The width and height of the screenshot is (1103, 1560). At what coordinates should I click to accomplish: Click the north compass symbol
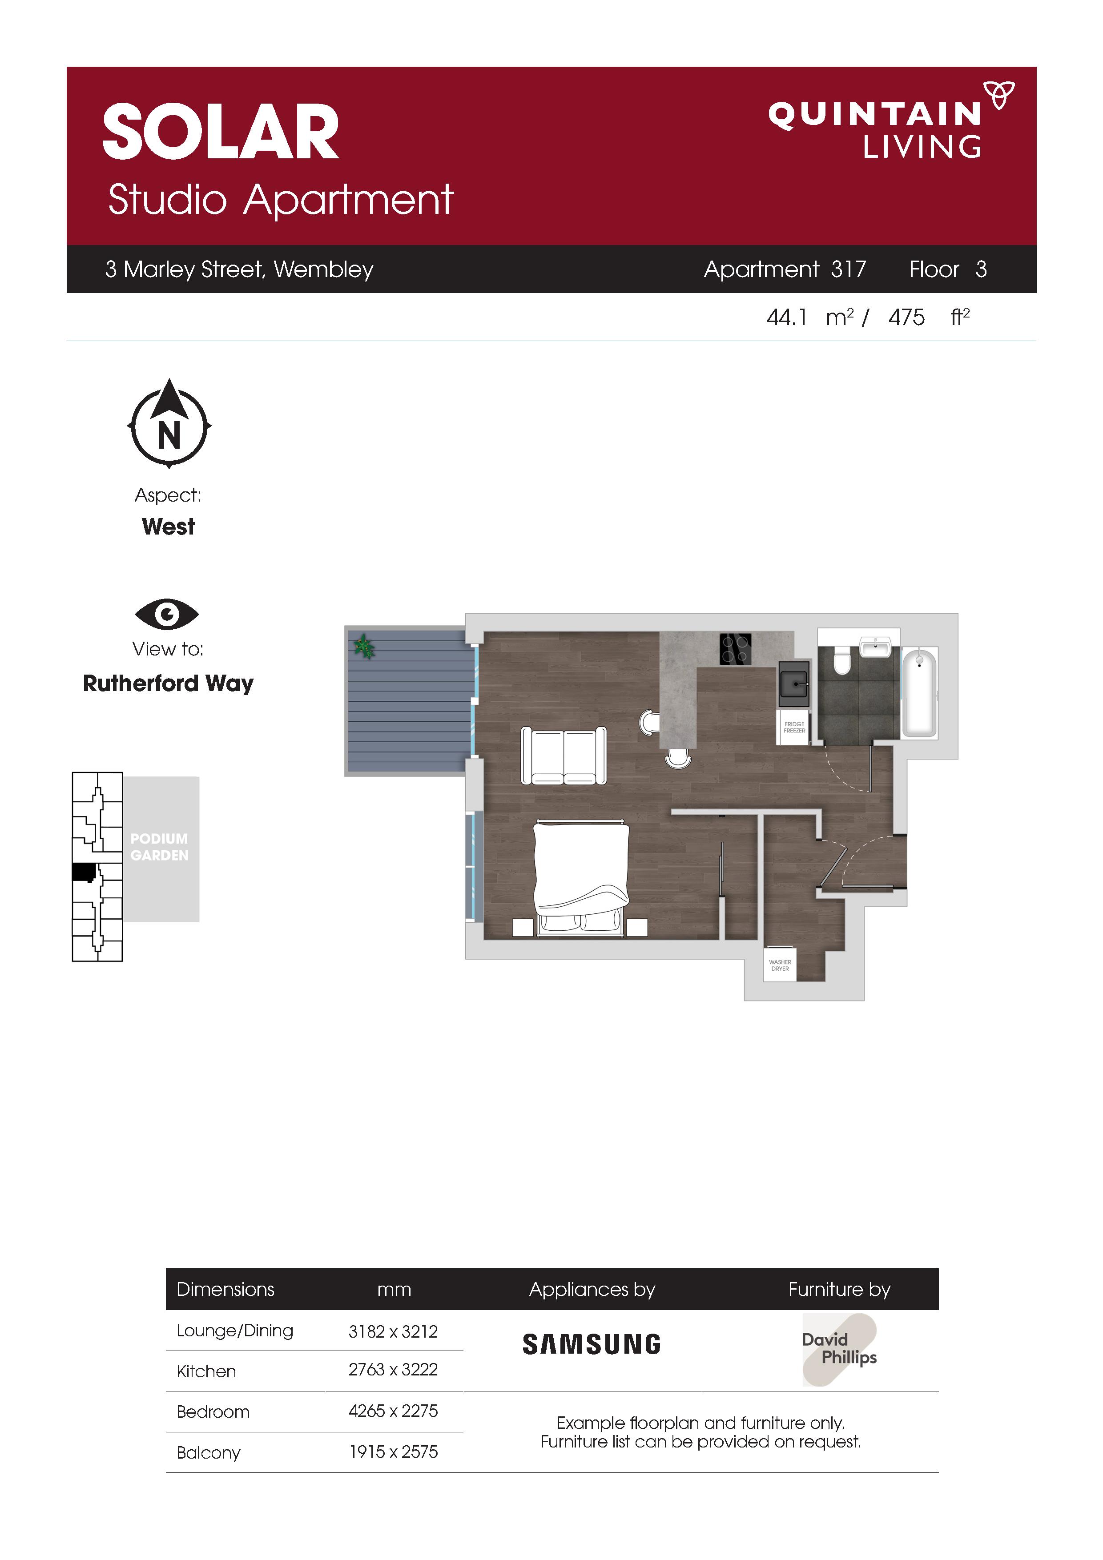click(x=169, y=423)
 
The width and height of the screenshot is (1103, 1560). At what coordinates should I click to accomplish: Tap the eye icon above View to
click(x=166, y=614)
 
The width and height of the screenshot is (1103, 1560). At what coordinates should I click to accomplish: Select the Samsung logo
click(x=591, y=1344)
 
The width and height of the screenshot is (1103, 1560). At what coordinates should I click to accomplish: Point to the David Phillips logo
click(x=839, y=1349)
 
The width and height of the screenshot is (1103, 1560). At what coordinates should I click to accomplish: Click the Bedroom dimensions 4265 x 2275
click(x=393, y=1411)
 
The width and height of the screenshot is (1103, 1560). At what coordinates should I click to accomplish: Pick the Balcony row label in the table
click(x=208, y=1453)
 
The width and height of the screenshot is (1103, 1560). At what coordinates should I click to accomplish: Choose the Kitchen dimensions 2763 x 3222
click(x=393, y=1369)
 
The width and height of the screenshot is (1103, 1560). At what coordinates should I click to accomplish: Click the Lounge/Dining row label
click(x=234, y=1331)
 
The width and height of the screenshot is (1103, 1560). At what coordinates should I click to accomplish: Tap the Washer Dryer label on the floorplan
click(x=780, y=965)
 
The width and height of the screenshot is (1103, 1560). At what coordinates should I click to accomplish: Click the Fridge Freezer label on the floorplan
click(x=794, y=727)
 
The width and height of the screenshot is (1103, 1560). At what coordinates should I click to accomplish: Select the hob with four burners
click(x=735, y=648)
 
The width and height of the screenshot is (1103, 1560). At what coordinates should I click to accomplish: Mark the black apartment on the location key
click(x=84, y=872)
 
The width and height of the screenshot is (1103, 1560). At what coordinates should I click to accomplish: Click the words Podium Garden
click(x=159, y=847)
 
